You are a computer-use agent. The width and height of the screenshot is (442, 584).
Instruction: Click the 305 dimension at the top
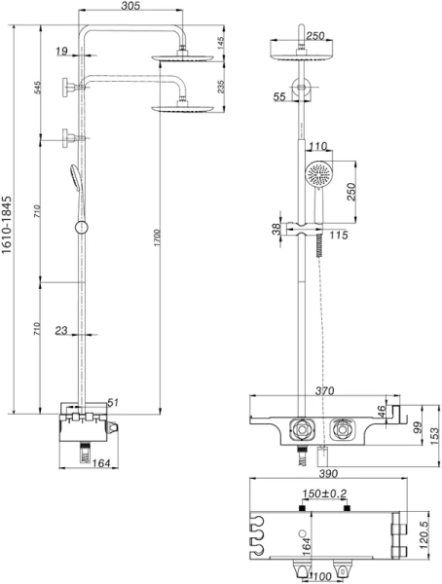click(x=133, y=7)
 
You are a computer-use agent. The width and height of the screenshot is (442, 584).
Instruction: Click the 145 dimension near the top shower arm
click(x=220, y=44)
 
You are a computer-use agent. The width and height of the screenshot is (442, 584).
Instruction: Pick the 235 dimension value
click(x=220, y=88)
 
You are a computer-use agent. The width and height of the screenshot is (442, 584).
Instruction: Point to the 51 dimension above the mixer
click(x=113, y=401)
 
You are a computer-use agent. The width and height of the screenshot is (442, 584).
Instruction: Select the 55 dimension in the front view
click(x=281, y=97)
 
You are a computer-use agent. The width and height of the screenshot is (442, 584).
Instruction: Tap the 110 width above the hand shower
click(x=317, y=147)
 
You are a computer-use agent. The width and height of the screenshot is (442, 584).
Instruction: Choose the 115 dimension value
click(x=340, y=235)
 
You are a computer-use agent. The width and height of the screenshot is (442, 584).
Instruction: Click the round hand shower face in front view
click(x=318, y=175)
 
